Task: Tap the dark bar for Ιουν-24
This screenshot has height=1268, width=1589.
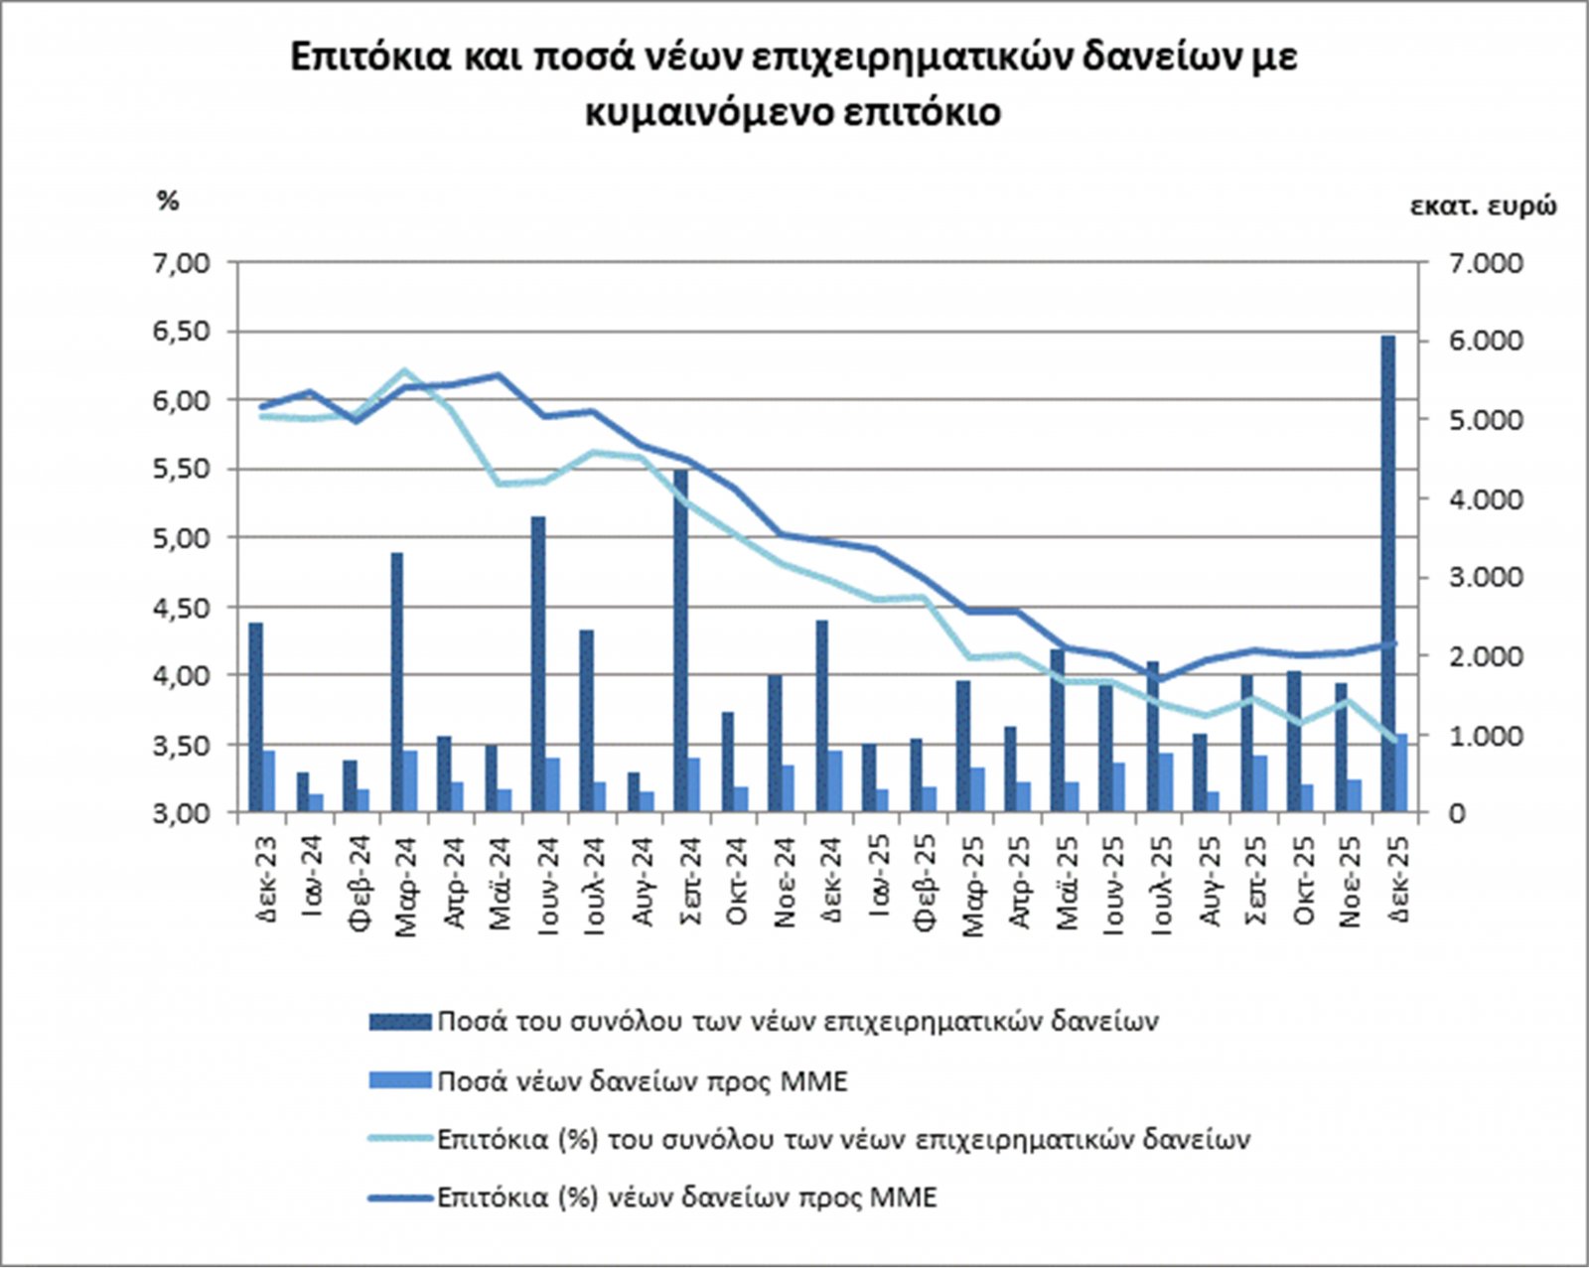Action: pyautogui.click(x=538, y=664)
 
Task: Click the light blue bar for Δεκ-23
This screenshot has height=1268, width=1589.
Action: pyautogui.click(x=268, y=781)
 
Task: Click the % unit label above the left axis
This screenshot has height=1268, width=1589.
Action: pyautogui.click(x=167, y=201)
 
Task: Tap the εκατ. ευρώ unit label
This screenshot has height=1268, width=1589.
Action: pyautogui.click(x=1483, y=206)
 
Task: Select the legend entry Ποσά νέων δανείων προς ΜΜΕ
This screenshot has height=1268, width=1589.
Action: pyautogui.click(x=642, y=1080)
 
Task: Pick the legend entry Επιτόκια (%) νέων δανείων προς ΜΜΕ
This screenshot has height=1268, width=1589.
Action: pyautogui.click(x=686, y=1197)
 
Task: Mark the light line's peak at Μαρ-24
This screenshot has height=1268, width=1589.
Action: pyautogui.click(x=404, y=370)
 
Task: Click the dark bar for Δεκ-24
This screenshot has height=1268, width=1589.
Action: pyautogui.click(x=822, y=716)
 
